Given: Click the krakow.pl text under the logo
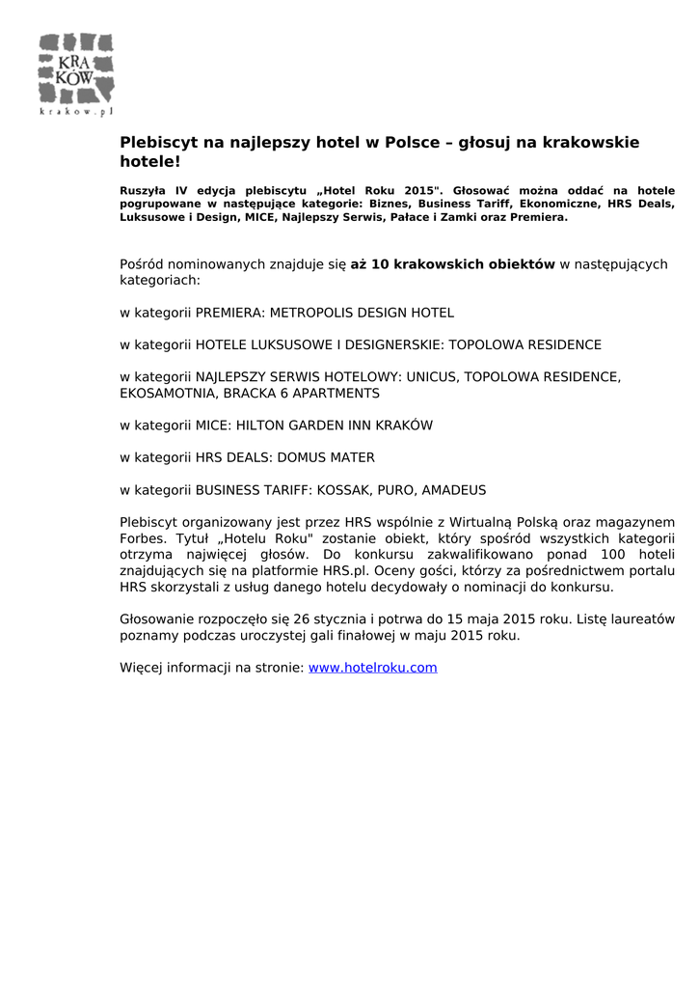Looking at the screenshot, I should coord(76,112).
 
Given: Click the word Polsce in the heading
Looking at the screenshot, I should coord(413,143).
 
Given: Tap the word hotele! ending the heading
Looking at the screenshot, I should coord(149,162).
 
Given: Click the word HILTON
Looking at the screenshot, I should coord(260,425).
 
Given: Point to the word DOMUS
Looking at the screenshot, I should coord(290,457).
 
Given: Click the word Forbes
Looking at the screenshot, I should coord(141,538).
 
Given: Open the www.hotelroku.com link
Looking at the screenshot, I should coord(372,668).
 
